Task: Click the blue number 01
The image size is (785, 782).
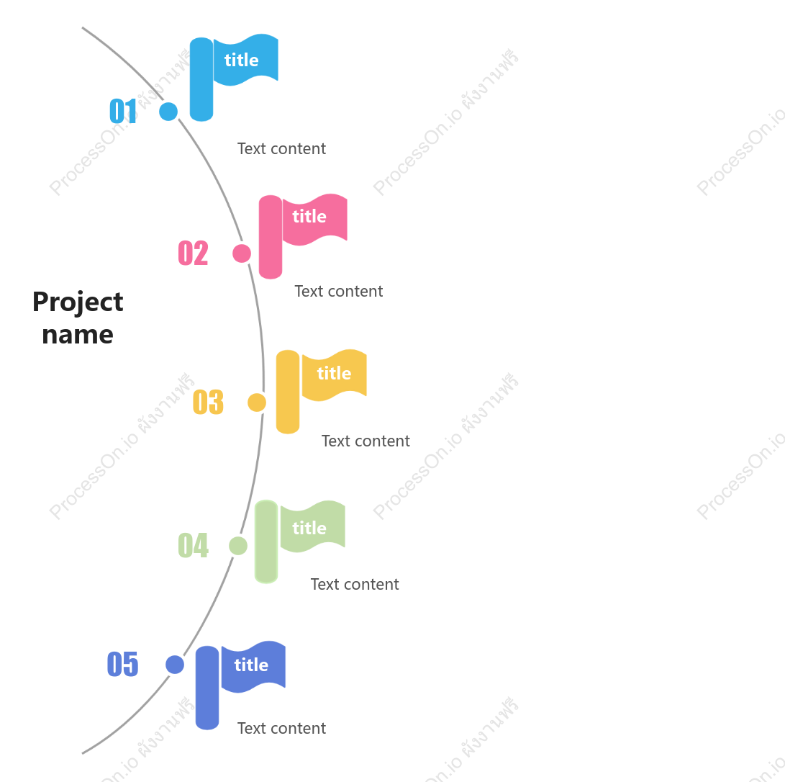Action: pos(123,111)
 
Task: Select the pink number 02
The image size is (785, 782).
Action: pos(194,253)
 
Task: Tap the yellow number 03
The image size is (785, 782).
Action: pos(208,402)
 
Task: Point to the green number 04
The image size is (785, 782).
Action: pos(194,545)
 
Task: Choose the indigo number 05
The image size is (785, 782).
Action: pos(122,664)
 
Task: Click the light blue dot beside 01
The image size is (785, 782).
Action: pos(168,111)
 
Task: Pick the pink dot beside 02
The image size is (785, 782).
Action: pos(242,253)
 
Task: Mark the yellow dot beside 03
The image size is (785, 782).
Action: pos(257,403)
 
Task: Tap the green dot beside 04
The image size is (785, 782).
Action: pos(238,546)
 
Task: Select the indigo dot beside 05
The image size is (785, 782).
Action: pos(175,665)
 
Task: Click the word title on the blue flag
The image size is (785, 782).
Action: pos(241,60)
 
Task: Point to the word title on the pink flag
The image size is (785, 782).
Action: pos(309,217)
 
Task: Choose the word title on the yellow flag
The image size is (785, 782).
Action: pos(334,373)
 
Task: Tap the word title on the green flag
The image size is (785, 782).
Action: pos(309,528)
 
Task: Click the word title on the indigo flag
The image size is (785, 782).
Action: pos(251,665)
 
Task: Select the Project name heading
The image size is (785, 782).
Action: pos(78,318)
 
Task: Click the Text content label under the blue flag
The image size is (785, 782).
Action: pos(281,149)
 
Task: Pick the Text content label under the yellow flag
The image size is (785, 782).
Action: pos(366,441)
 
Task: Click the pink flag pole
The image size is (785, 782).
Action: pos(271,237)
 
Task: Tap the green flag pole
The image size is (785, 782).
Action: pos(266,541)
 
